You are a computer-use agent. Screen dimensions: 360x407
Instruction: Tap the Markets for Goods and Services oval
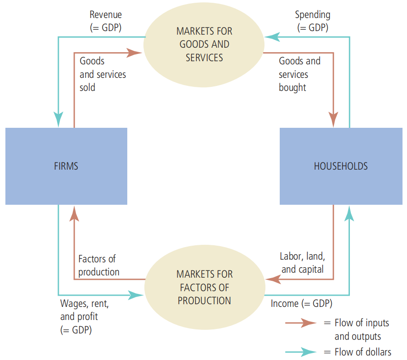tap(204, 45)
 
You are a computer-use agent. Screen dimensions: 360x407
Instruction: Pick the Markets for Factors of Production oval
tap(204, 287)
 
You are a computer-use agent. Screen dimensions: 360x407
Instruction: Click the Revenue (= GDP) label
tap(106, 21)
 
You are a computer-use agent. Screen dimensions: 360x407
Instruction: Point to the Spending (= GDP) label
tap(313, 21)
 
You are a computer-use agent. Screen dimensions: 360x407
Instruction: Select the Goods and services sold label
tap(103, 74)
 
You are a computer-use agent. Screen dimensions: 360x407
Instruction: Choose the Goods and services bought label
tap(300, 74)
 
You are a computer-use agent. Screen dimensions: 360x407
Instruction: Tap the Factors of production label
tap(99, 265)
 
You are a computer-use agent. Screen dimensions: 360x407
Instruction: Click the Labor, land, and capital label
tap(302, 263)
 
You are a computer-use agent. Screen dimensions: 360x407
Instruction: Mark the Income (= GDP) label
tap(301, 304)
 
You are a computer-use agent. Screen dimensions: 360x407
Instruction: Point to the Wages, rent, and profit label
tap(84, 317)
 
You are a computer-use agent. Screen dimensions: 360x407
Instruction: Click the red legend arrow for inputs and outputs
tap(301, 323)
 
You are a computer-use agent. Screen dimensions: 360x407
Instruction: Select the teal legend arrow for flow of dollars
tap(301, 352)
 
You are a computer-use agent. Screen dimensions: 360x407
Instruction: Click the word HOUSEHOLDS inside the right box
tap(340, 166)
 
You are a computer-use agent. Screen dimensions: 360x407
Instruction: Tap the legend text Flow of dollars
tap(363, 352)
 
